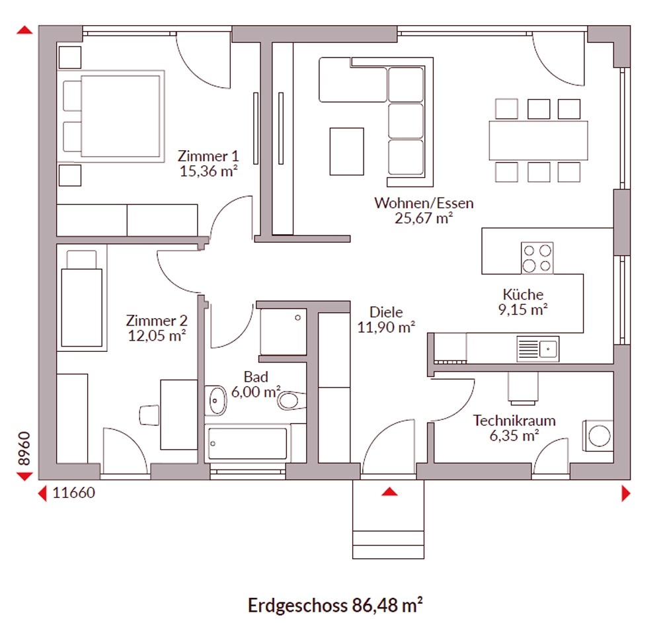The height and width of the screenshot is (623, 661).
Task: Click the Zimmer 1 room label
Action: (208, 156)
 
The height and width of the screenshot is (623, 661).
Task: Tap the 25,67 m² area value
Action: (424, 218)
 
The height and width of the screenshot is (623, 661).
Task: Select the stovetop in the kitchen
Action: (537, 258)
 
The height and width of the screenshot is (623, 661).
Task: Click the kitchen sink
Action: (538, 349)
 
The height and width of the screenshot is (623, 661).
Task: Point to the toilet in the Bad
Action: (291, 400)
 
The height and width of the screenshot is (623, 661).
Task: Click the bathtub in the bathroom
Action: (247, 444)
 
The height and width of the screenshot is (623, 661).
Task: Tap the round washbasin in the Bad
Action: (216, 400)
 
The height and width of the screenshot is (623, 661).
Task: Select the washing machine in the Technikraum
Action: (598, 436)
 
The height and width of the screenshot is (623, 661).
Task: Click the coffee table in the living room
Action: (346, 151)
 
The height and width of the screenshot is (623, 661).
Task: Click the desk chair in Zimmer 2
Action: (149, 415)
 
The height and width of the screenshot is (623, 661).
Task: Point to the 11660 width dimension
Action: (74, 493)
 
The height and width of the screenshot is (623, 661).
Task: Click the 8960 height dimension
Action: (24, 448)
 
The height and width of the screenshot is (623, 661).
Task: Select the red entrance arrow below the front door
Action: (389, 491)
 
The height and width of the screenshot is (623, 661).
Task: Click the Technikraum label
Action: (514, 421)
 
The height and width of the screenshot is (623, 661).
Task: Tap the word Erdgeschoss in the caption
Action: (297, 606)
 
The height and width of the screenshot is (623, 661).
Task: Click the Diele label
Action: (386, 312)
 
